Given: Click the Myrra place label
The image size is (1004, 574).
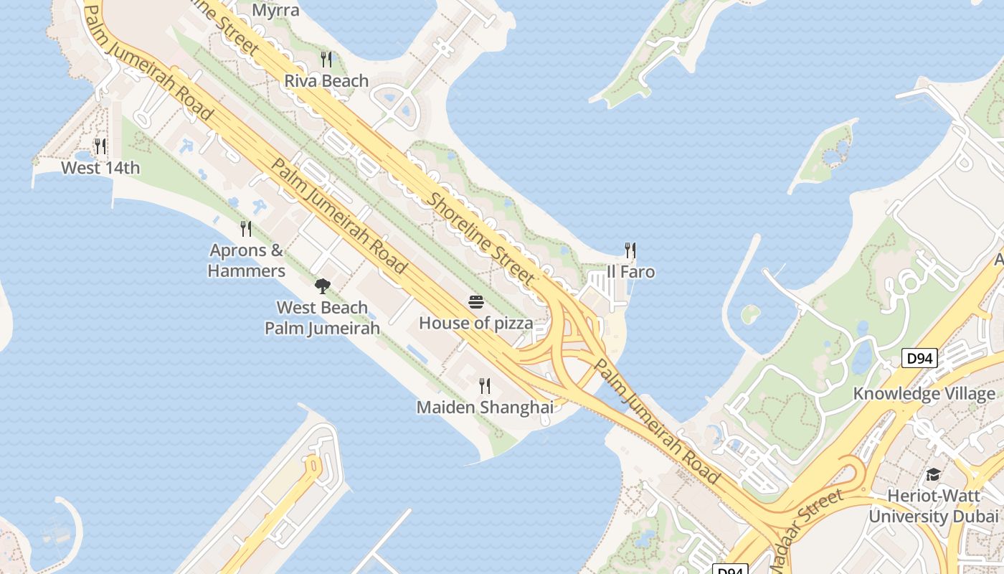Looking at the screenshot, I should point(276,11).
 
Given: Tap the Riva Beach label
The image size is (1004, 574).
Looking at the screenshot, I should point(326,81).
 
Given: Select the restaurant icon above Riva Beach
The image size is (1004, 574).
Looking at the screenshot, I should point(326,58).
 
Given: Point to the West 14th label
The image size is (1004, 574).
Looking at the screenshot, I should point(100,169).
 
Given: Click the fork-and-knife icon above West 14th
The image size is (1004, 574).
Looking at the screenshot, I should point(100,146).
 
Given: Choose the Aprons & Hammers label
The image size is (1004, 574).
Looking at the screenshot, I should point(247,260).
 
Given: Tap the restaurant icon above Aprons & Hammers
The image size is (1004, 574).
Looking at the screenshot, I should point(246,229).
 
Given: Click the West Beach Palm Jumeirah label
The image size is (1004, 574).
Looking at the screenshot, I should point(322,318).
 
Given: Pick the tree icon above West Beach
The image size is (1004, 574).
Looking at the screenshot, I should point(323,286).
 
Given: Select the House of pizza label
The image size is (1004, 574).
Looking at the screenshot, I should point(476,324).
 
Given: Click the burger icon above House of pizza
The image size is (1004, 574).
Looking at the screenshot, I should point(476,302).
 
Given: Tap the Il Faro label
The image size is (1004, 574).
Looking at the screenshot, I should point(630,273).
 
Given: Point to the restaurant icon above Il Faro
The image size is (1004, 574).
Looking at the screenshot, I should point(630,250).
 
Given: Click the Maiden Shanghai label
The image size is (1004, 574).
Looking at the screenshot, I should point(485,408).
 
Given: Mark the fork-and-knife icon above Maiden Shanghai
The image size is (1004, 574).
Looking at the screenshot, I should point(485,386).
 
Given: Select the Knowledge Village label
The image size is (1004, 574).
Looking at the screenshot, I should point(924,394).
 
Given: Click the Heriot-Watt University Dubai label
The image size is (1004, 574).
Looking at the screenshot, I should point(934,506).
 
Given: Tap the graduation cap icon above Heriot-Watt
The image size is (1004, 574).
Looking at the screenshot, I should point(933,474).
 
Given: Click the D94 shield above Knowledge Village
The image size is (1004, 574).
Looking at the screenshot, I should point(919,357).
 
